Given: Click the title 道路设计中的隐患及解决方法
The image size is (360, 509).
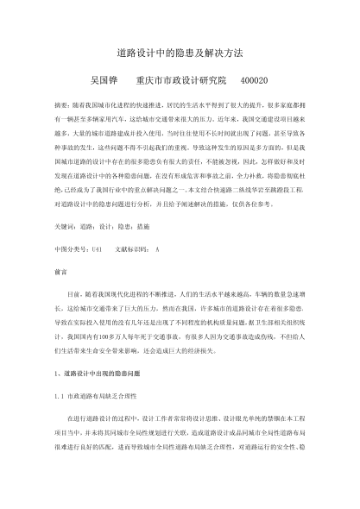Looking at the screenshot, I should [180, 53].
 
